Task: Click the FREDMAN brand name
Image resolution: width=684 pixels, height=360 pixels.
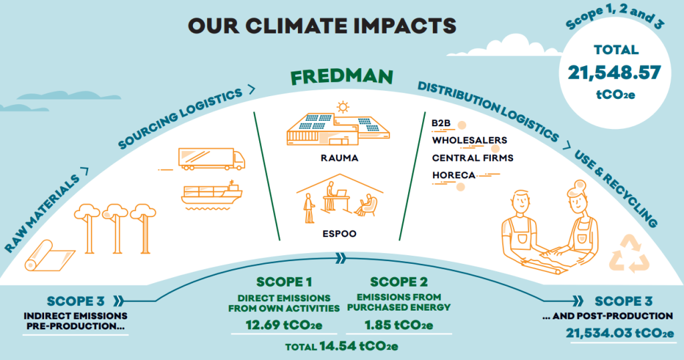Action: (341, 76)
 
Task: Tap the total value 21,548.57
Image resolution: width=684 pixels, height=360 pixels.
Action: (615, 72)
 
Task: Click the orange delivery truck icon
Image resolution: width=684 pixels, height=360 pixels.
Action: (212, 159)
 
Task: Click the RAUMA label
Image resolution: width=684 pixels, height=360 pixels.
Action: (339, 158)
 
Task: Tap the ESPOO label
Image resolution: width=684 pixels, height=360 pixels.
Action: (339, 234)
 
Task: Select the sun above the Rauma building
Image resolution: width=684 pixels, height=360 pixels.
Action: (343, 106)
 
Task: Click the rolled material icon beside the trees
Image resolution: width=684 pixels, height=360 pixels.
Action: (49, 256)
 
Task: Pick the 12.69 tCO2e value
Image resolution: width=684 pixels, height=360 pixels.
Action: (284, 325)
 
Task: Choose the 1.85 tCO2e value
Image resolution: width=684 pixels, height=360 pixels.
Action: (399, 325)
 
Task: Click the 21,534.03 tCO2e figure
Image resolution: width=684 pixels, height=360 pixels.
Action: (620, 333)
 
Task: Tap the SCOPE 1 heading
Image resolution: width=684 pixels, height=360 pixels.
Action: (284, 282)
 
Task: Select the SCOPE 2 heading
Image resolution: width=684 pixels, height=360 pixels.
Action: (399, 282)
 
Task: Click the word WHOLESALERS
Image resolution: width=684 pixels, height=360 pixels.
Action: (470, 140)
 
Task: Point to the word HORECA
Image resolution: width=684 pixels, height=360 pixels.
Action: (454, 175)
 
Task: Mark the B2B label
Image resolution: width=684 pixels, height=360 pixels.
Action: (441, 123)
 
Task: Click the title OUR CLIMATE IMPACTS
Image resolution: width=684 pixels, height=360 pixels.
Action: (322, 26)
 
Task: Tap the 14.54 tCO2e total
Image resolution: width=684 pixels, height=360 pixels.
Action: (359, 346)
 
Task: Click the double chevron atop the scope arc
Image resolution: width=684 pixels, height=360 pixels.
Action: (341, 258)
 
